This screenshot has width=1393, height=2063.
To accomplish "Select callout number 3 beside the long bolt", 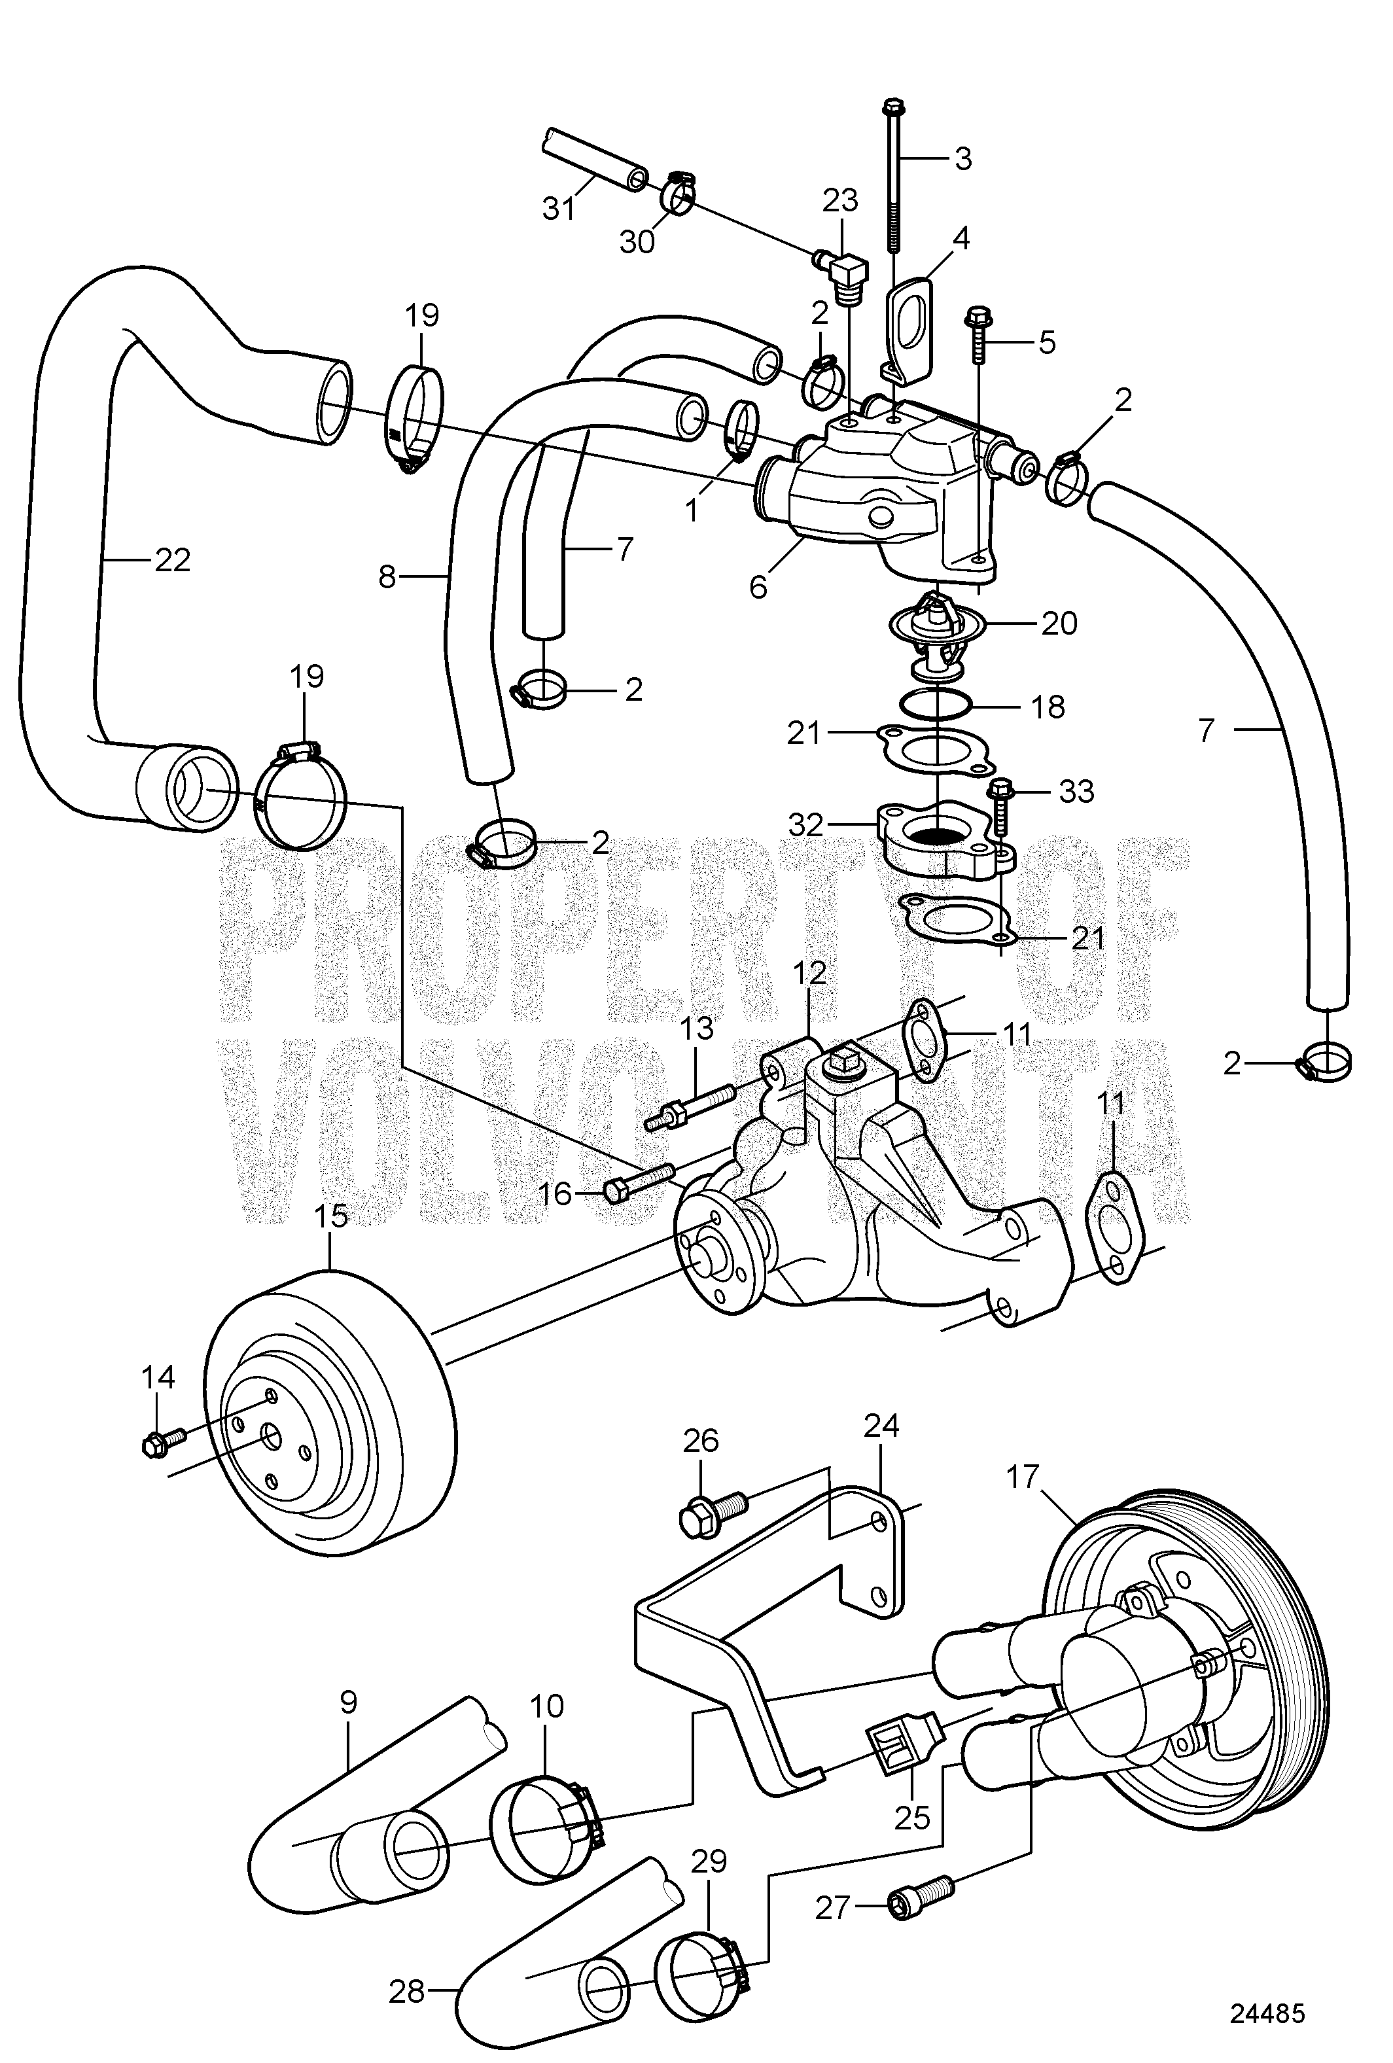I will (962, 159).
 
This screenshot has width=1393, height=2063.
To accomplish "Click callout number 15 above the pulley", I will (331, 1216).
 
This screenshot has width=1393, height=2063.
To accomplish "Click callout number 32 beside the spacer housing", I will (807, 824).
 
